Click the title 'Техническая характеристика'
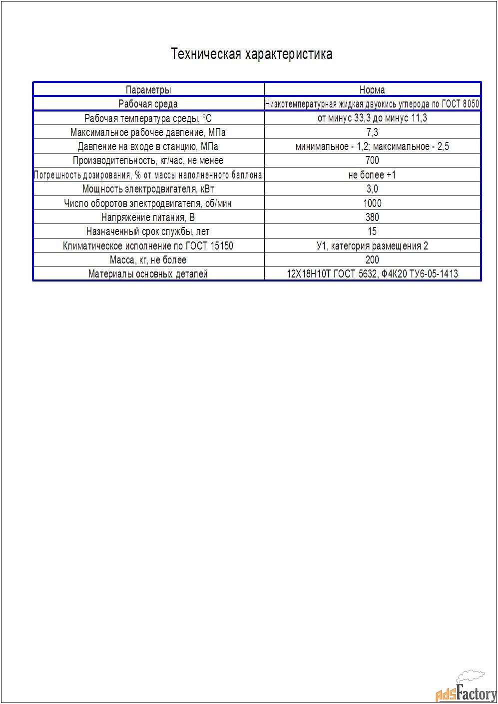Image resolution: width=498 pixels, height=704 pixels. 251,54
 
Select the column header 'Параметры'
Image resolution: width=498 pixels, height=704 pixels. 148,90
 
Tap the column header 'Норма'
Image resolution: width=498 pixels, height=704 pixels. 372,90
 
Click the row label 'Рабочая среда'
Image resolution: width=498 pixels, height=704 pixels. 148,104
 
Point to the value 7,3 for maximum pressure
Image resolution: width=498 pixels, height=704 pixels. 372,132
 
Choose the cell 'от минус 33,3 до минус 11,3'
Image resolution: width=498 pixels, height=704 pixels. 372,118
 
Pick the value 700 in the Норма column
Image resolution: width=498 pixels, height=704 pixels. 372,160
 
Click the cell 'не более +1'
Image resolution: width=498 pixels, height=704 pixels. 372,175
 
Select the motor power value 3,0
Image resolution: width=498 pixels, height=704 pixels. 372,189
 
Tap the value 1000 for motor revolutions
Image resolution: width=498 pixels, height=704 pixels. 372,203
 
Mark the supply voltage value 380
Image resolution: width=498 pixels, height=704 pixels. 372,217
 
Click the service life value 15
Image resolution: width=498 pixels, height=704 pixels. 372,231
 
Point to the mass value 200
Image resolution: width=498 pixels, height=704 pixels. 372,259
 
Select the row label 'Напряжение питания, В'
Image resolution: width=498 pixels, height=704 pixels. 148,217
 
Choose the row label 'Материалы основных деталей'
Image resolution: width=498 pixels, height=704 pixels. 148,274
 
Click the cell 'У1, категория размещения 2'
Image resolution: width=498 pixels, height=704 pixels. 372,245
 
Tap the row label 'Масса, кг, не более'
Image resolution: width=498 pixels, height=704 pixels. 148,260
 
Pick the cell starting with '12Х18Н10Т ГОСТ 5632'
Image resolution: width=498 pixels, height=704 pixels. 372,274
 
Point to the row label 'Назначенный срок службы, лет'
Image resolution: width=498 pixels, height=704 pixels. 148,231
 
